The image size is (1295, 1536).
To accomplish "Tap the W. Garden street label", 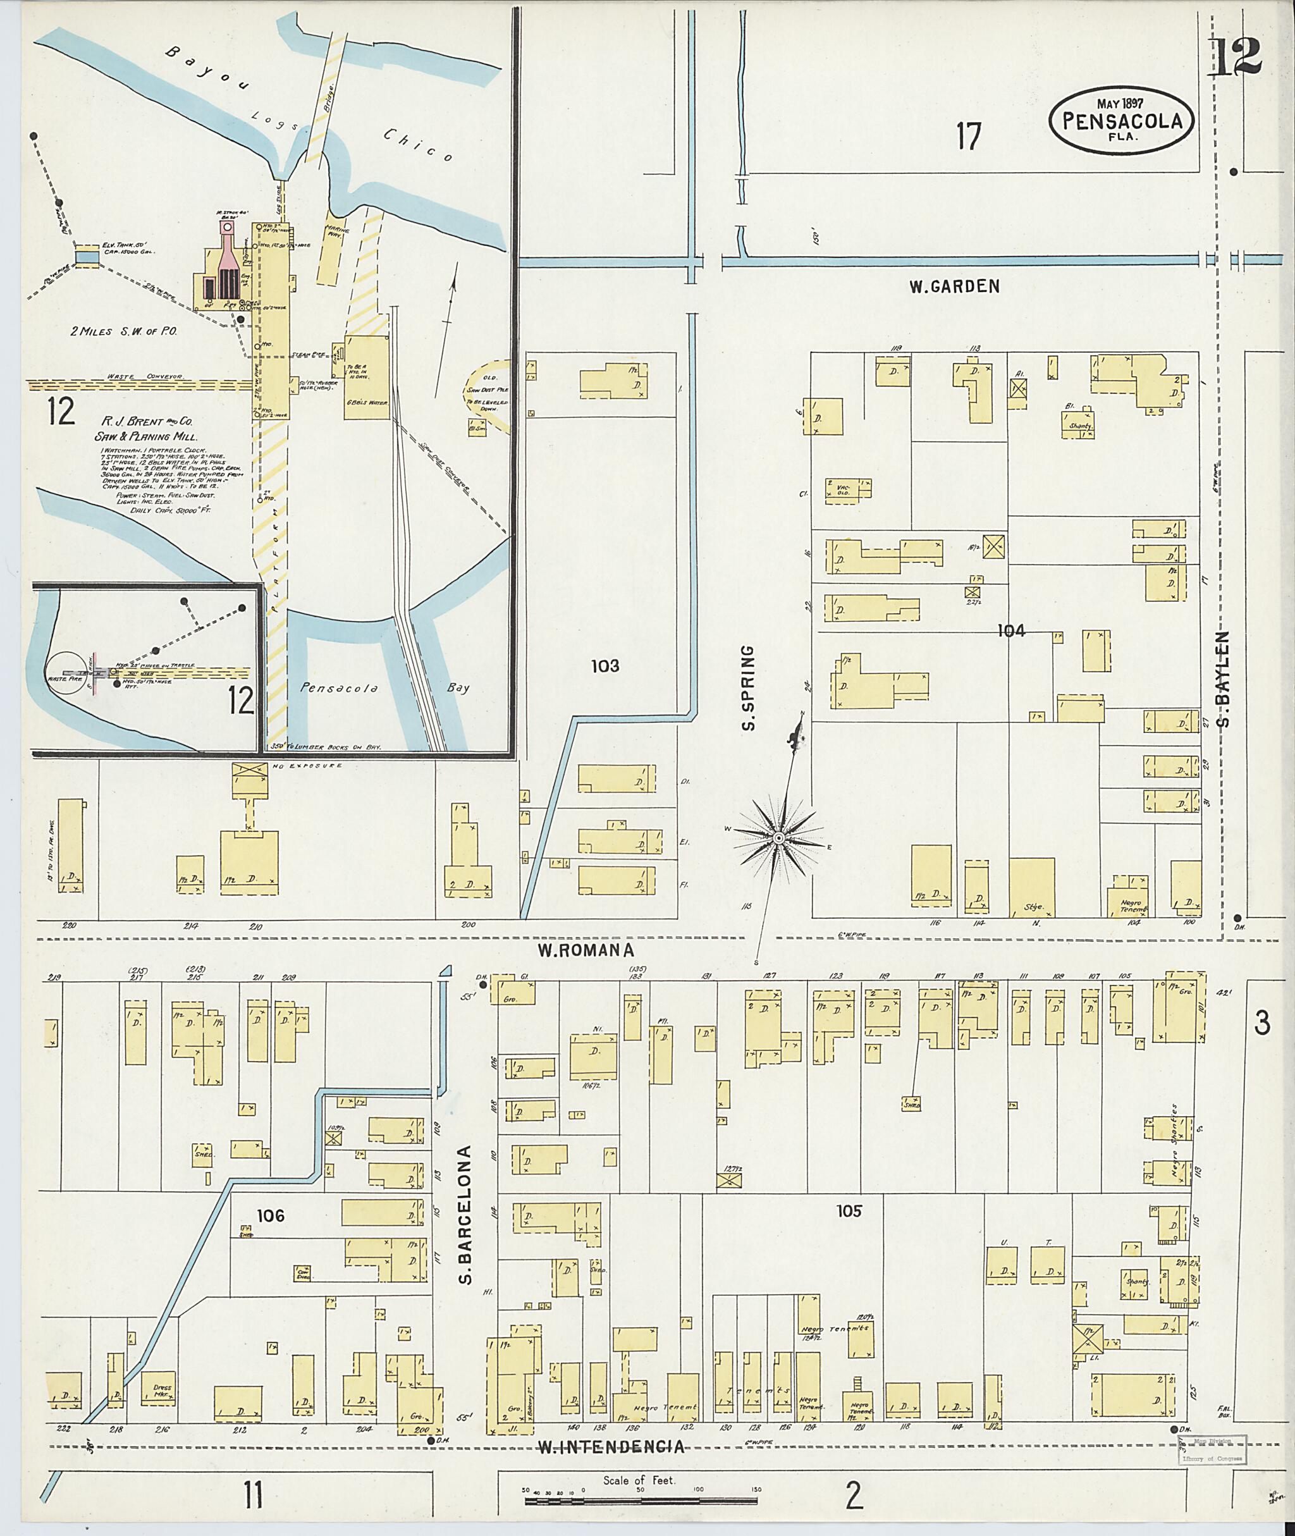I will [x=954, y=287].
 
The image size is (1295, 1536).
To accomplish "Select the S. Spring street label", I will [x=748, y=688].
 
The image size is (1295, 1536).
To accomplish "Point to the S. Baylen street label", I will [x=1223, y=679].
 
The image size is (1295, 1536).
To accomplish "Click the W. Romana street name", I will [x=585, y=950].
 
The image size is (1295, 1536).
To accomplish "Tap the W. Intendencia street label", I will [x=611, y=1447].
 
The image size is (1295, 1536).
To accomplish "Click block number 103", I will [x=605, y=666].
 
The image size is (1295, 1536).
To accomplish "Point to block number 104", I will [x=1011, y=630].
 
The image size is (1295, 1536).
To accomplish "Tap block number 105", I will [x=848, y=1211].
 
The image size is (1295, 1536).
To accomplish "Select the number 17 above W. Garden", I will [x=969, y=137].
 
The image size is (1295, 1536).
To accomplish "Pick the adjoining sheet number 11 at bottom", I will [x=254, y=1495].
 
